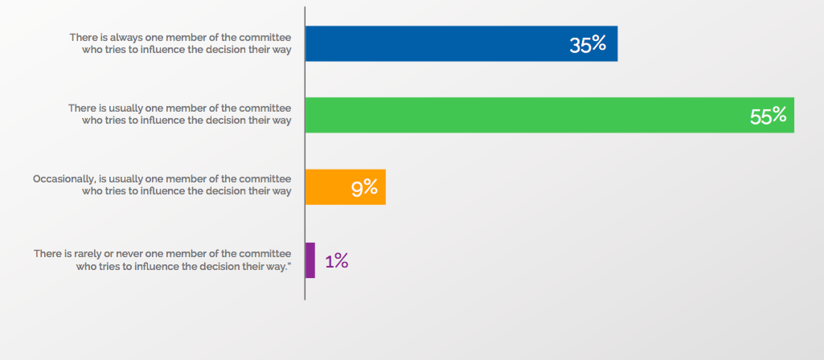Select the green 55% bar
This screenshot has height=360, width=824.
tap(523, 115)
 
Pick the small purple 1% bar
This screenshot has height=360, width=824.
tap(310, 260)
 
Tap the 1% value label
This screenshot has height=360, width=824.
tap(336, 261)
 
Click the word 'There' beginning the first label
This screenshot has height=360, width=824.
tap(82, 38)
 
